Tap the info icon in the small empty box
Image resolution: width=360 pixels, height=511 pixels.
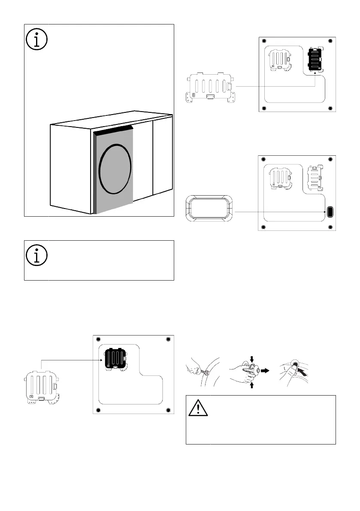[37, 257]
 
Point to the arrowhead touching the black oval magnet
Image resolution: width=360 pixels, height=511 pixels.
[325, 212]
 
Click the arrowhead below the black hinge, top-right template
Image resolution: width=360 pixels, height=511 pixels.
[316, 74]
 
